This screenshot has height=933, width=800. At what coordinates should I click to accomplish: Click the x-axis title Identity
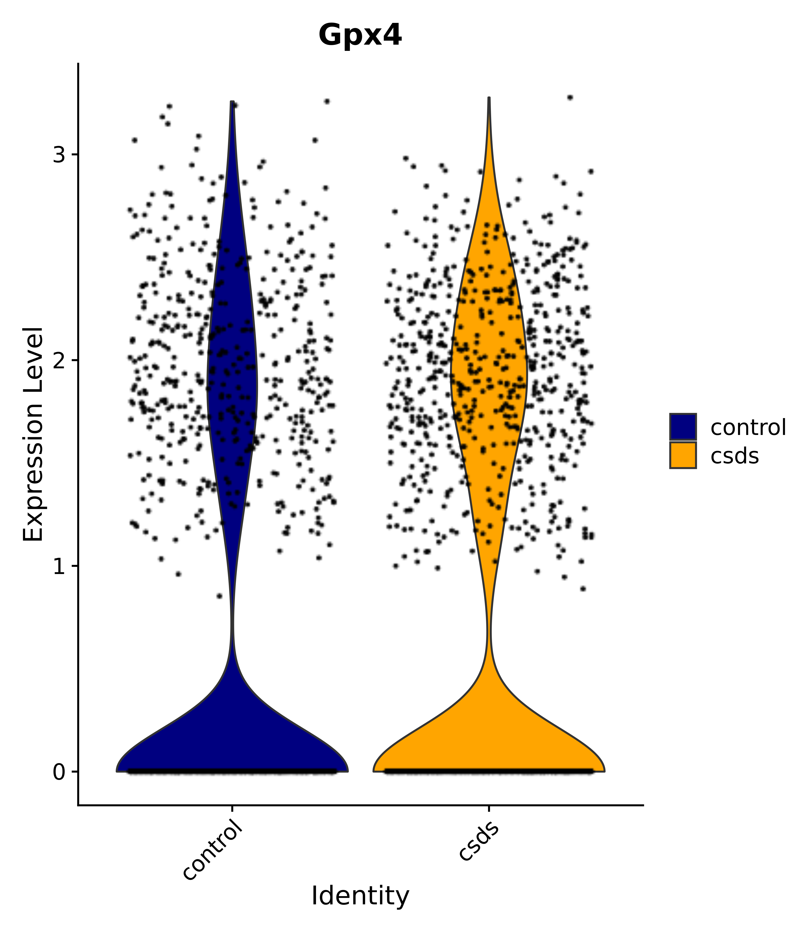coord(360,895)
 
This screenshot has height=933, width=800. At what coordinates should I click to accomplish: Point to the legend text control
coord(748,427)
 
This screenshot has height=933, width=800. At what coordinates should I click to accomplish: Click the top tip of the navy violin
coord(232,102)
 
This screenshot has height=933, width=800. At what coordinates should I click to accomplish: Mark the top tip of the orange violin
coord(489,98)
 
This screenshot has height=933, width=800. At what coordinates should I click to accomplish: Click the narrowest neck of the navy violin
coord(232,621)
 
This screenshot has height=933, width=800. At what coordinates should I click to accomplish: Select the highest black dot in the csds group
coord(570,97)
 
